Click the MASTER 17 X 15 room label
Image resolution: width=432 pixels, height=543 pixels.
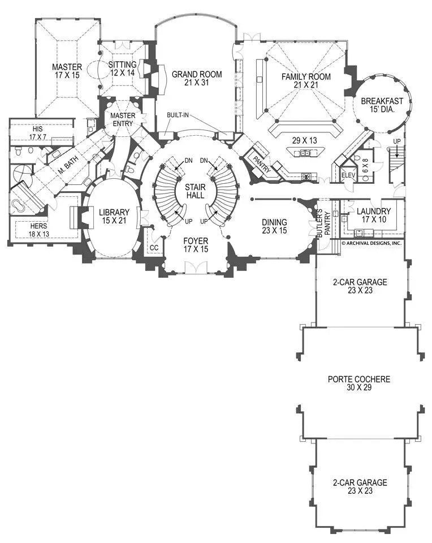(x=67, y=71)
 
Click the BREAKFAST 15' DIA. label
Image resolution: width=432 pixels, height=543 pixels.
(x=382, y=106)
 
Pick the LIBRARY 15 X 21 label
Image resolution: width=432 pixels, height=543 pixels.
(x=114, y=216)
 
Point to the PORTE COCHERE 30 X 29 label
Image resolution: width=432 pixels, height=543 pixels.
(x=358, y=383)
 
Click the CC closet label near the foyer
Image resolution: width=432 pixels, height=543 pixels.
(x=153, y=247)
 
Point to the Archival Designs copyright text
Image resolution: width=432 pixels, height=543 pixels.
(x=371, y=243)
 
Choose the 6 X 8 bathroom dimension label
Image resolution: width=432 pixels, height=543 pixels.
(x=365, y=167)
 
